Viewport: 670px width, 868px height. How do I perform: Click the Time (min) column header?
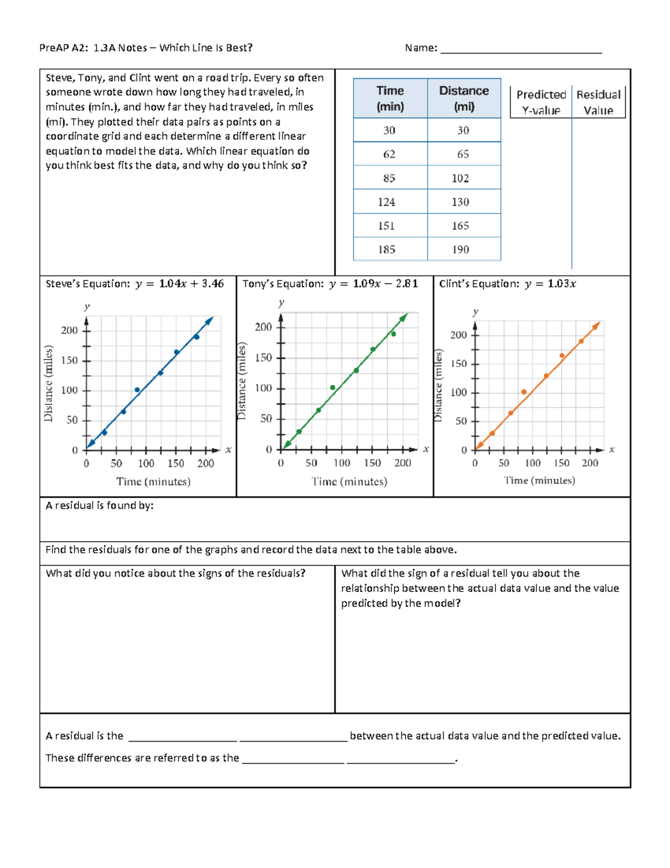390,98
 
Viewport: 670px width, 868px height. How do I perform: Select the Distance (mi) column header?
463,98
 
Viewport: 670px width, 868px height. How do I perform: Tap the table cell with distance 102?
460,178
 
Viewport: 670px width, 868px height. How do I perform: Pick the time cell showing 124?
386,202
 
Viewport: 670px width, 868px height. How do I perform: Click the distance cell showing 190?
461,250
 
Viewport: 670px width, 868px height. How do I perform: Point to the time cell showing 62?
389,154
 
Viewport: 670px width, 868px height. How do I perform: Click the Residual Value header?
598,102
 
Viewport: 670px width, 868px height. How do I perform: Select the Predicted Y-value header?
540,102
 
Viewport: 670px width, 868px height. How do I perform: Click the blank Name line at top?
521,49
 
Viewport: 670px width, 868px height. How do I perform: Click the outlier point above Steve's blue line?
137,390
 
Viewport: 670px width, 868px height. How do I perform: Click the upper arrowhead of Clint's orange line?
596,325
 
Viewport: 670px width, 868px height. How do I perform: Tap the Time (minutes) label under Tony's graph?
349,481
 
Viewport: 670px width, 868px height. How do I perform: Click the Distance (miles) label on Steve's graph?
49,383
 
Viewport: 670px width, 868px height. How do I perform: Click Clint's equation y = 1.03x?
550,284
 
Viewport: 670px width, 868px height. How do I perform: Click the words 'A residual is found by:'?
99,506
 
